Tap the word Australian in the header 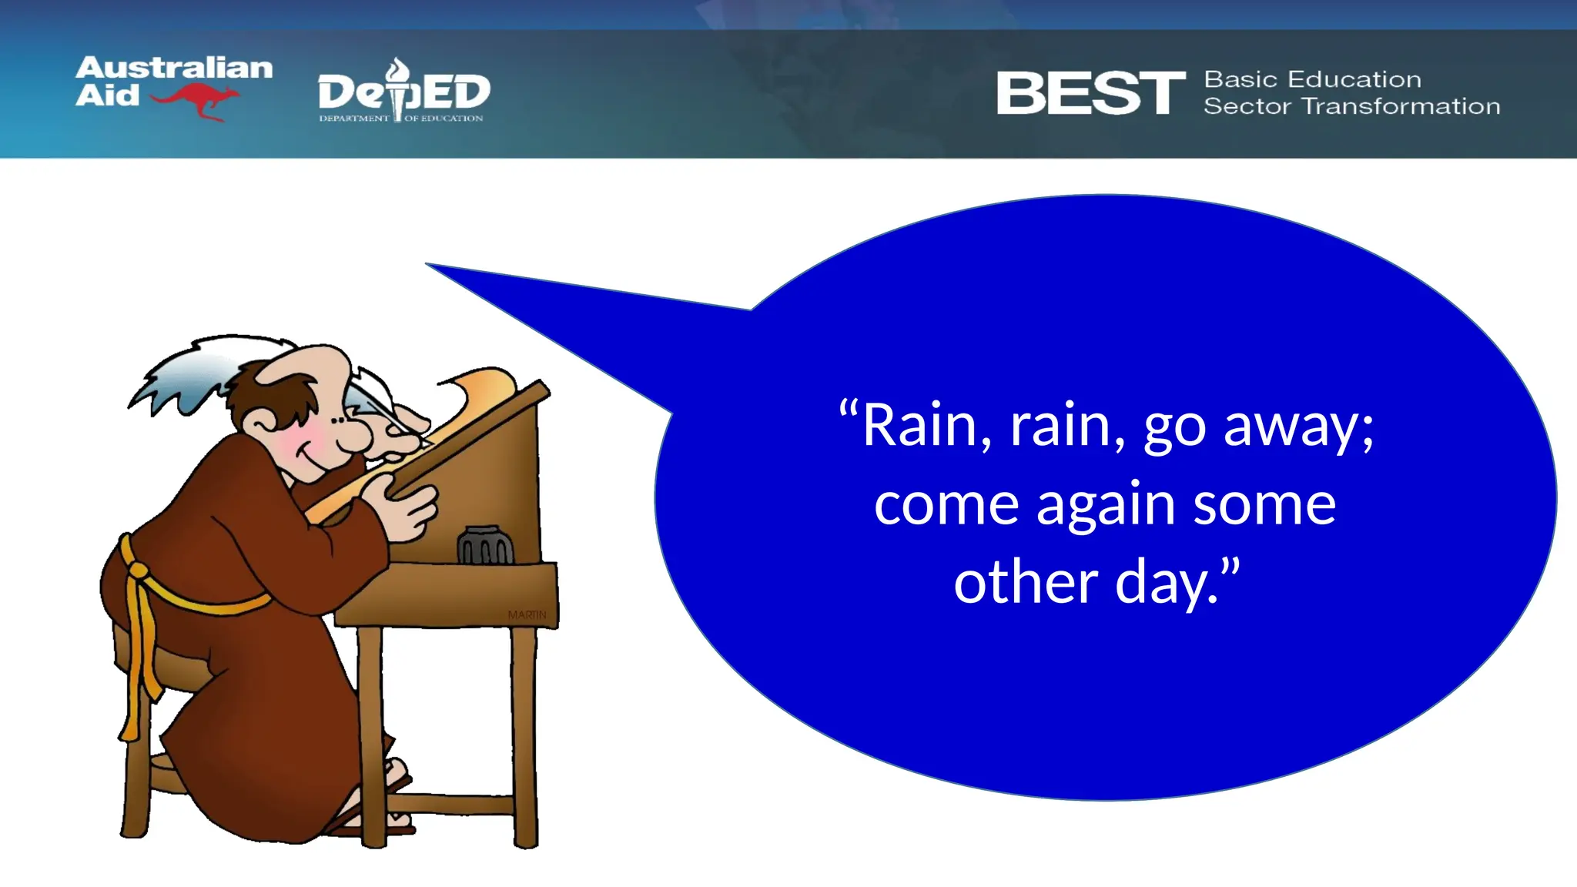174,68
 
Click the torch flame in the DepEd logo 398,70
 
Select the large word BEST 1090,93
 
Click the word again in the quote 1107,505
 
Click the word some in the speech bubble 1264,505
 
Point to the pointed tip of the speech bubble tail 428,264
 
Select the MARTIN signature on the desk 527,614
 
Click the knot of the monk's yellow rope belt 137,571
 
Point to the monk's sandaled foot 397,774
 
